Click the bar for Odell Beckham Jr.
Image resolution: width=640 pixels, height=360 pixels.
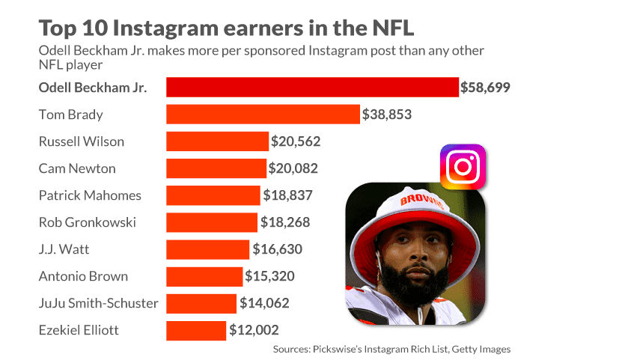click(311, 87)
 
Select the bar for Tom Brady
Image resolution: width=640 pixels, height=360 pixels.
click(263, 114)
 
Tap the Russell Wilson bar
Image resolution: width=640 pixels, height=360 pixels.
click(217, 141)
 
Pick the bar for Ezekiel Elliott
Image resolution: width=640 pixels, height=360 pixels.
click(195, 330)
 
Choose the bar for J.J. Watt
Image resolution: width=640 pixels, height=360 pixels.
click(207, 249)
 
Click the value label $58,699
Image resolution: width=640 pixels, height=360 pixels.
click(486, 88)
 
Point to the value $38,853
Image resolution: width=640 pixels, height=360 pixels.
click(387, 115)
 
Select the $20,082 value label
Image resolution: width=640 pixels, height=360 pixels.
click(293, 168)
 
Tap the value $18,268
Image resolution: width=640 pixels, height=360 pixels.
click(285, 222)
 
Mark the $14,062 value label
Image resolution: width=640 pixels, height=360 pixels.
click(264, 303)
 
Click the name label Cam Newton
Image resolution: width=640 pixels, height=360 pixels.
click(77, 168)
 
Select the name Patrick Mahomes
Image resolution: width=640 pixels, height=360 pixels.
click(90, 195)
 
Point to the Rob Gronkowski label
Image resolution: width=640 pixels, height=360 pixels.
click(87, 222)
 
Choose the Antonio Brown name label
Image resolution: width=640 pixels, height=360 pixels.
click(83, 276)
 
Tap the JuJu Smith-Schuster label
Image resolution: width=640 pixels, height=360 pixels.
click(98, 303)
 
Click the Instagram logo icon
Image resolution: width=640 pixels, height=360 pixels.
click(462, 167)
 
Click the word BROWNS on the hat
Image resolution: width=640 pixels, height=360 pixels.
click(422, 201)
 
